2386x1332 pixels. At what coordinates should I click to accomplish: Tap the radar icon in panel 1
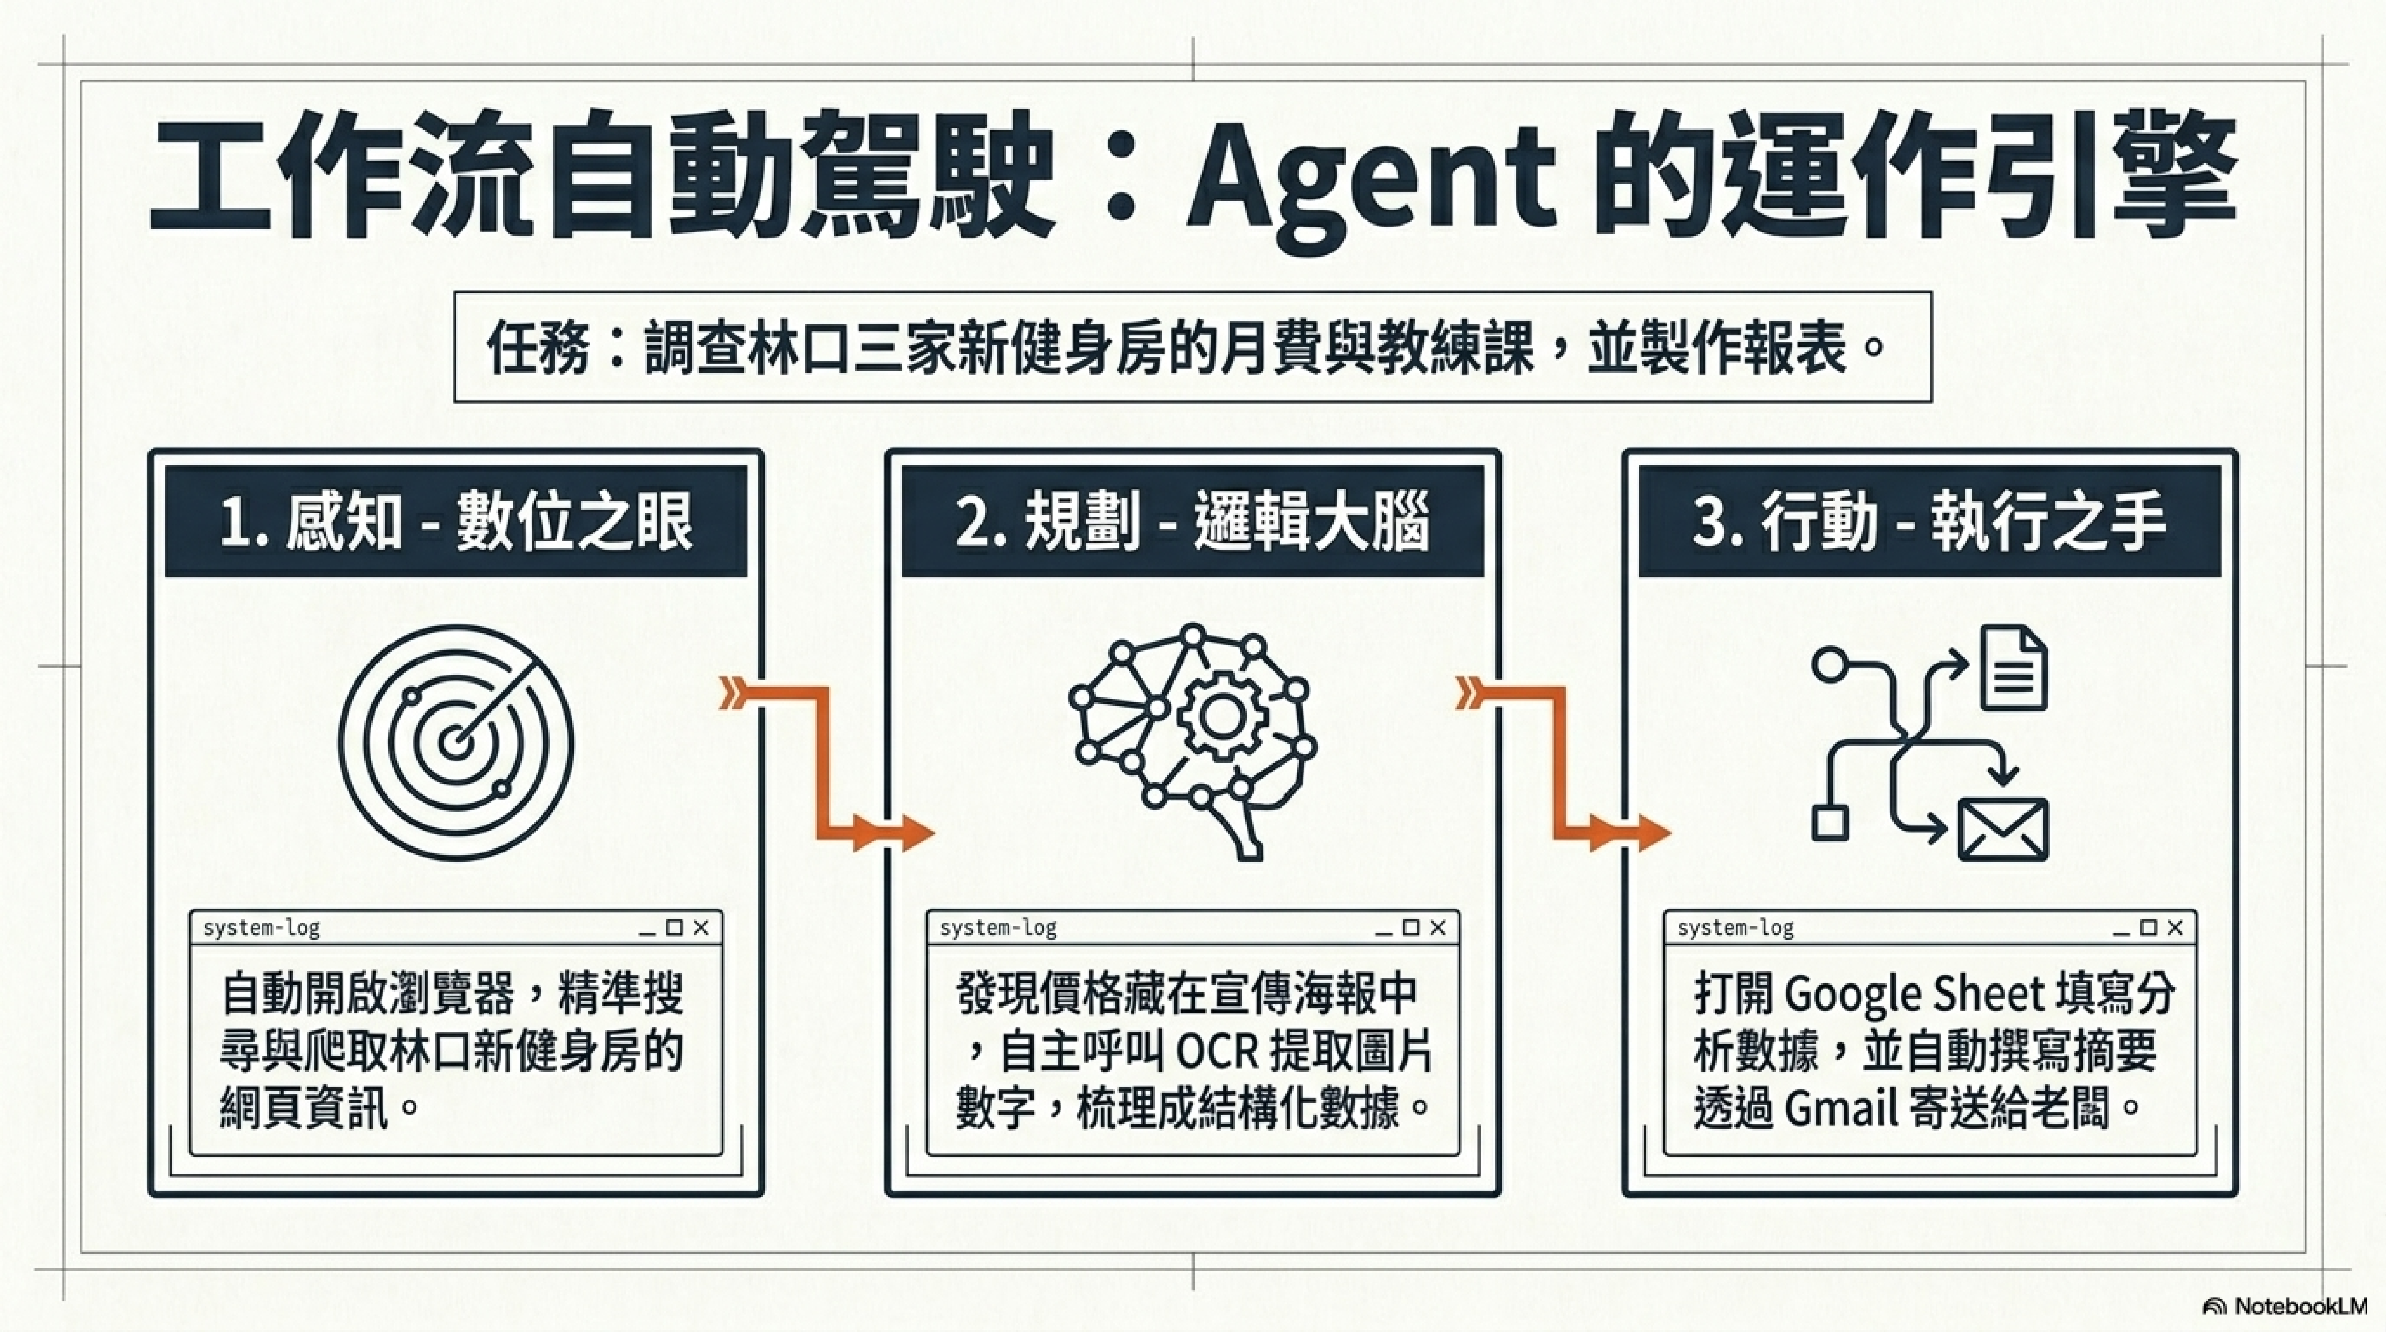point(456,743)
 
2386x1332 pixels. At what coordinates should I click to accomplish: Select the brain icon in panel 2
point(1193,741)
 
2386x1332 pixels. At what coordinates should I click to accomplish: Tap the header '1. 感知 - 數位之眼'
point(456,522)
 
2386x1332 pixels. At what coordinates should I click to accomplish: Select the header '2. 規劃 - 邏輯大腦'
point(1193,522)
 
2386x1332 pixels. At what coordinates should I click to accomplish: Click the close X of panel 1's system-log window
point(701,927)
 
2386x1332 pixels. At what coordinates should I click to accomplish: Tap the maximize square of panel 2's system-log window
point(1411,927)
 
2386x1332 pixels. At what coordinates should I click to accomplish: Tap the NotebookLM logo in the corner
point(2285,1306)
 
